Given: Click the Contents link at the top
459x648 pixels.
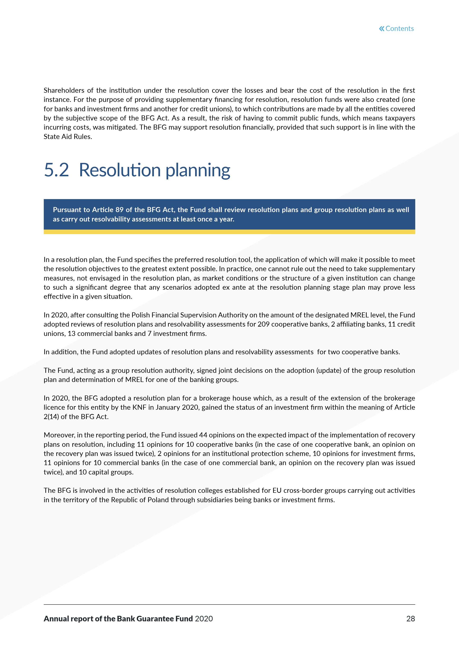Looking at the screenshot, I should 399,29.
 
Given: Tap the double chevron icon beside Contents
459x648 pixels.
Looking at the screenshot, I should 382,29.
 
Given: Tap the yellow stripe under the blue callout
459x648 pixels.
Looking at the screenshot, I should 229,232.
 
